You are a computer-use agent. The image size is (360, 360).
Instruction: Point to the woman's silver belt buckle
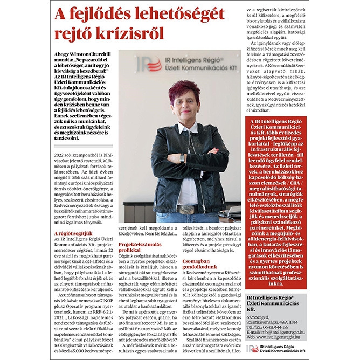pyautogui.click(x=187, y=209)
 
